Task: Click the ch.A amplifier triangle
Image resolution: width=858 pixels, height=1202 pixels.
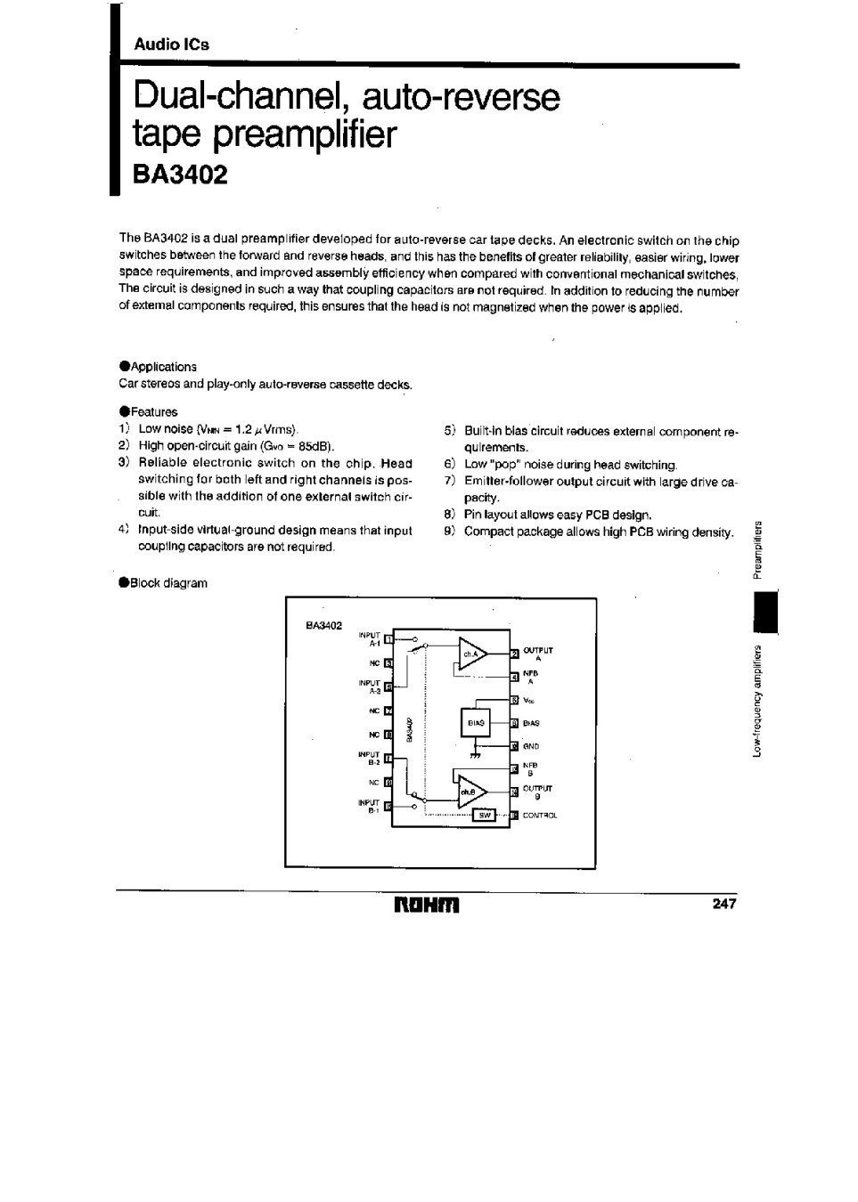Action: [472, 654]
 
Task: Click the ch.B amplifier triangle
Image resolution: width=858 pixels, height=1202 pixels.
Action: [471, 790]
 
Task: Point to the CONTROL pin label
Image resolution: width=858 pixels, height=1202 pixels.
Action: [540, 816]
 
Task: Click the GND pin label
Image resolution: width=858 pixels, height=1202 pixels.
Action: [532, 746]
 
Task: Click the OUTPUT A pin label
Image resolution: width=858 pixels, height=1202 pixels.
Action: [538, 654]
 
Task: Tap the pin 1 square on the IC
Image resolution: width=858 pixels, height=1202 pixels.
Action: [388, 638]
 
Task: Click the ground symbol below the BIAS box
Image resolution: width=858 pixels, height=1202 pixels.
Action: [475, 754]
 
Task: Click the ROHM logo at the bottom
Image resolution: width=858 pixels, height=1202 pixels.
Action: [427, 906]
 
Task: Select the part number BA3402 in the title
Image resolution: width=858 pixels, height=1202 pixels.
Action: [180, 174]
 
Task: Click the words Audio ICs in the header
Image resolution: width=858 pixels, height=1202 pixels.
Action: [171, 44]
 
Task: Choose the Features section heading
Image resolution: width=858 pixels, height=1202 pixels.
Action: [153, 412]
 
